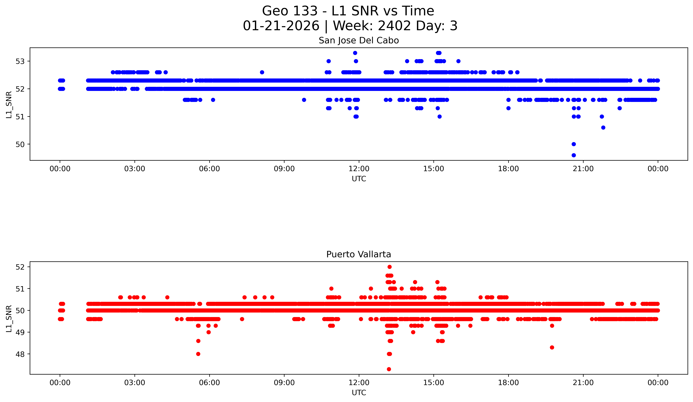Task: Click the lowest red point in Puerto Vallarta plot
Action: (389, 369)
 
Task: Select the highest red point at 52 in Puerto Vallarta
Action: (389, 267)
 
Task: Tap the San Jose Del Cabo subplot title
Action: (359, 41)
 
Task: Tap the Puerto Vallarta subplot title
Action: (359, 254)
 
